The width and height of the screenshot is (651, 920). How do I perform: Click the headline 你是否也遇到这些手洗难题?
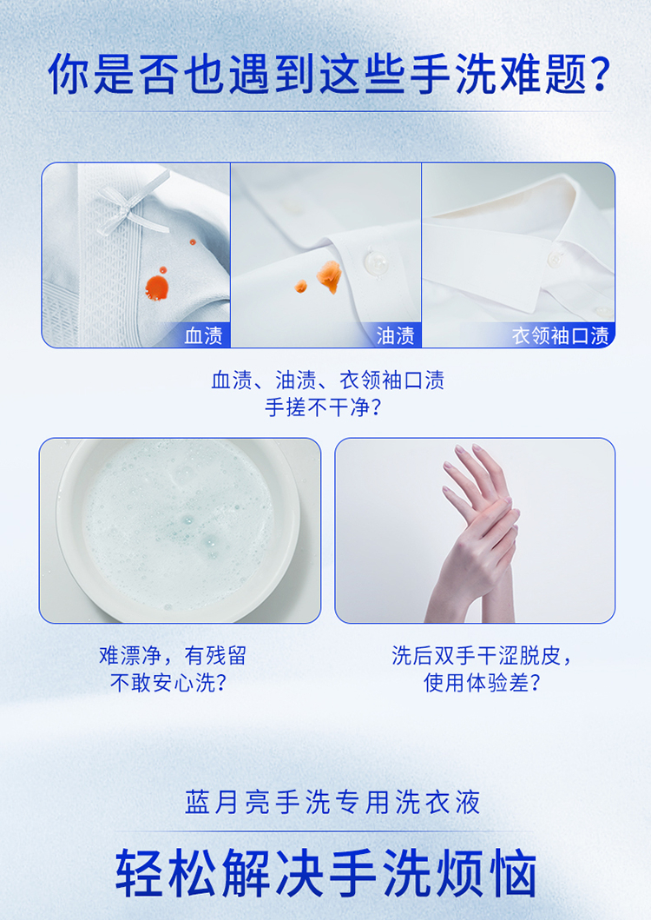(x=330, y=75)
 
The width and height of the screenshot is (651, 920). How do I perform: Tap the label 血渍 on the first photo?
(x=203, y=335)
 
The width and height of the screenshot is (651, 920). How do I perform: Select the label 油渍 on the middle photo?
(x=395, y=335)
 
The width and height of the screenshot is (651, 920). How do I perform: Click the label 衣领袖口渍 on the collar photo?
(x=561, y=335)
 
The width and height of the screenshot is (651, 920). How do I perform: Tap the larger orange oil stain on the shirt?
(x=329, y=275)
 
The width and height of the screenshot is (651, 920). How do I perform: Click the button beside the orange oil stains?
(x=373, y=261)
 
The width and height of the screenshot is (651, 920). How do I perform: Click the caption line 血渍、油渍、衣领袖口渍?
(x=328, y=381)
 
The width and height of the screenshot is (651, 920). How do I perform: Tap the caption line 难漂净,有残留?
(x=173, y=655)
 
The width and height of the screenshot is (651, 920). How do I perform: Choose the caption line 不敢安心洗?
(x=168, y=682)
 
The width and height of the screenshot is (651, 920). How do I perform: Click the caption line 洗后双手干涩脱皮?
(x=482, y=655)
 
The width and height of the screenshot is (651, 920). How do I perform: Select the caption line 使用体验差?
(x=482, y=682)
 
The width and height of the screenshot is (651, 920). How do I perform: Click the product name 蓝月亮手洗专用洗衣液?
(x=333, y=802)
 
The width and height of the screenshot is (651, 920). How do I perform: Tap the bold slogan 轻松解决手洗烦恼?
(x=326, y=873)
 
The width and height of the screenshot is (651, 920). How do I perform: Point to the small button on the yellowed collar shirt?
(x=554, y=258)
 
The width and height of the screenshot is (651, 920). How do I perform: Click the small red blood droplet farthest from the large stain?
(x=193, y=242)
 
